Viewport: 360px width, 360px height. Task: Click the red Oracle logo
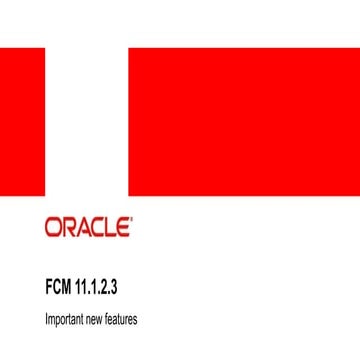(x=88, y=227)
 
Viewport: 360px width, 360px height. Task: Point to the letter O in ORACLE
(x=54, y=227)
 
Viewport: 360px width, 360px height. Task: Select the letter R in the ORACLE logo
(x=69, y=227)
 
